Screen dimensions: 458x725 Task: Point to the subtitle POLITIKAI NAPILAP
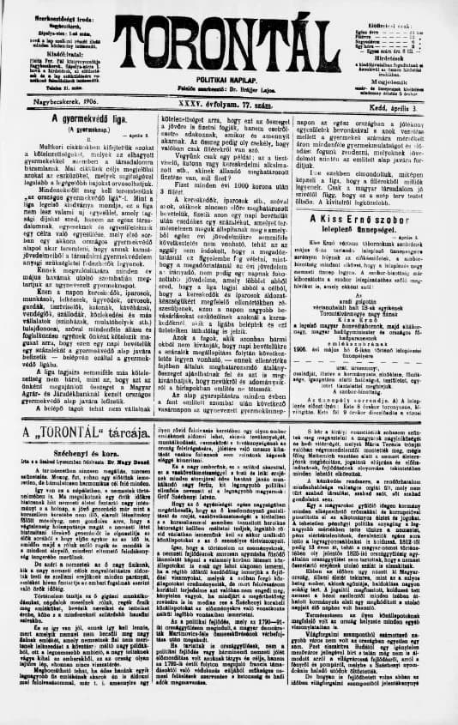[x=229, y=79]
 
